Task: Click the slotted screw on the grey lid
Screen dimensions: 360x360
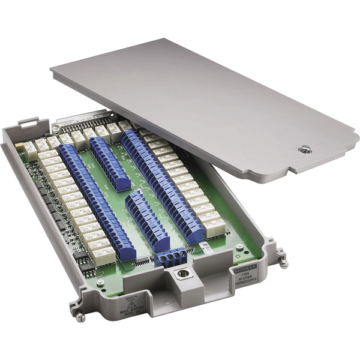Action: pyautogui.click(x=305, y=149)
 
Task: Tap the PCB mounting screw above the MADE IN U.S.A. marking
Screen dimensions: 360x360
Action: pyautogui.click(x=101, y=282)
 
